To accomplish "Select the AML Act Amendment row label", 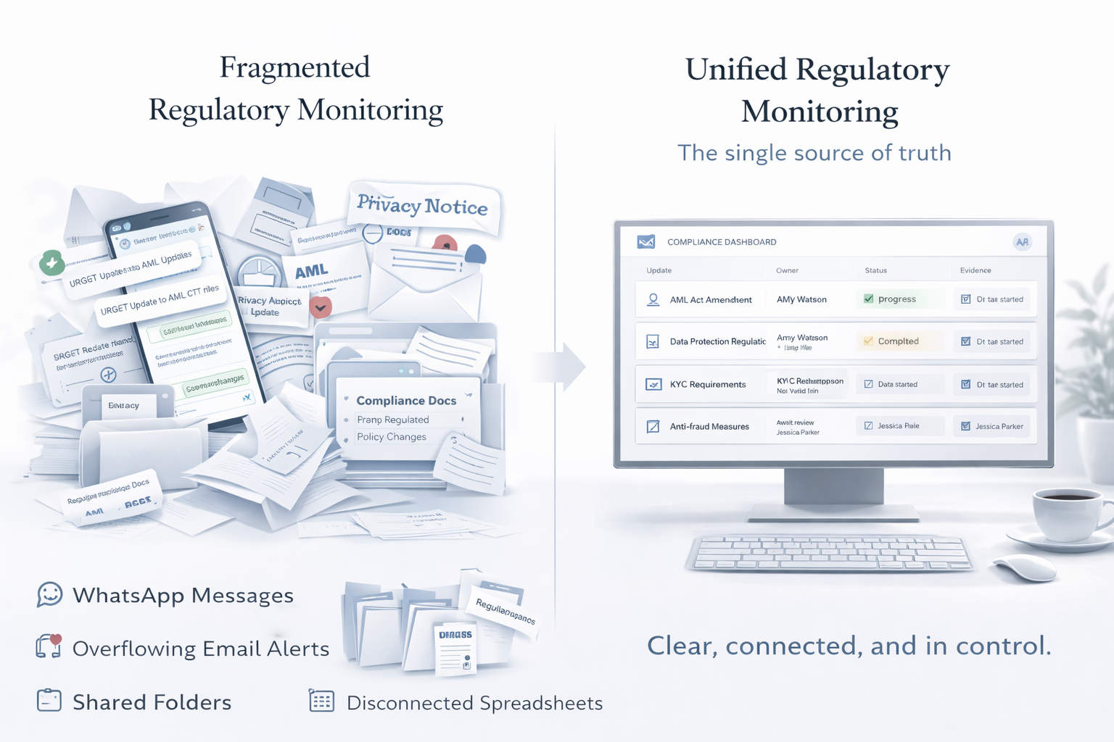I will point(710,299).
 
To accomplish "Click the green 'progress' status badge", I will point(897,299).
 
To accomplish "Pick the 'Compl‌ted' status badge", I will point(898,341).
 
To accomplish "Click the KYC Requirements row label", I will point(707,384).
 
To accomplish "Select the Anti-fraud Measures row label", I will point(709,427).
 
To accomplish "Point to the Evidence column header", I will point(975,270).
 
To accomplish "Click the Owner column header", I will point(787,270).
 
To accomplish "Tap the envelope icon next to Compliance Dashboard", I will point(646,242).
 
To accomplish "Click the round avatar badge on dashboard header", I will point(1022,242).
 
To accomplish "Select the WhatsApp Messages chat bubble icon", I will point(49,595).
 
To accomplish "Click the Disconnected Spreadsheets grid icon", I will point(321,701).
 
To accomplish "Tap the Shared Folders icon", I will point(49,701).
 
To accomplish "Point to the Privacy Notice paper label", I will point(423,206).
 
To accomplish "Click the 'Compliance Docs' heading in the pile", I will point(406,401).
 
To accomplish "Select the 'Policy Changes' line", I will point(392,437).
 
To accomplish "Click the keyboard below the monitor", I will point(828,554).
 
